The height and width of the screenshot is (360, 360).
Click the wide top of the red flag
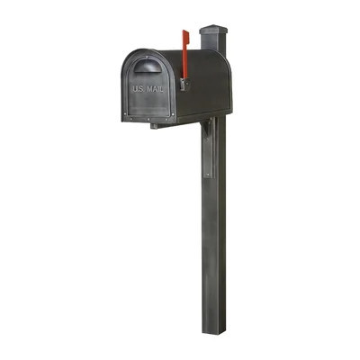(x=185, y=39)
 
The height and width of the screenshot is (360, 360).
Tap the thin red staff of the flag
(x=184, y=65)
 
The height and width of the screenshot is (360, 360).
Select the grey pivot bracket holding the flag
(x=182, y=84)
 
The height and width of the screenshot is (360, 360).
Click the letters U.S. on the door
(x=138, y=89)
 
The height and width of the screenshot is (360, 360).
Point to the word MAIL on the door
(x=156, y=89)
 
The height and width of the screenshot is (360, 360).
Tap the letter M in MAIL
(x=149, y=89)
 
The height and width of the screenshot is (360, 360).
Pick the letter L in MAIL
(x=163, y=89)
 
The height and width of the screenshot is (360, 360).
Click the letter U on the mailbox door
(x=135, y=89)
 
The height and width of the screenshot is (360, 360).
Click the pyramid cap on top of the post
(x=212, y=30)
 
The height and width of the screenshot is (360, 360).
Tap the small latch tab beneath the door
(x=154, y=125)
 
